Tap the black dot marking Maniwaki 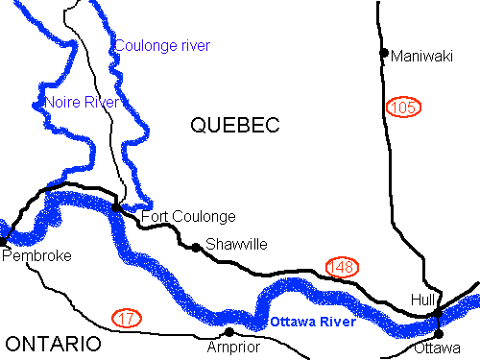pos(384,53)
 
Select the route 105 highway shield pos(403,107)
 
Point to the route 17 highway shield pos(126,316)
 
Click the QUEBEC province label pos(234,125)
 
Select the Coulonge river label pos(161,45)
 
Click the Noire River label pos(82,102)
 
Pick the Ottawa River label pos(312,322)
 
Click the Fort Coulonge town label pos(188,217)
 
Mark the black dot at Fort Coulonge pos(116,206)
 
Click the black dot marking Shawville pos(196,248)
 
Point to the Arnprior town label pos(233,347)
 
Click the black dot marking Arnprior pos(228,332)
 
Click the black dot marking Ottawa pos(439,333)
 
